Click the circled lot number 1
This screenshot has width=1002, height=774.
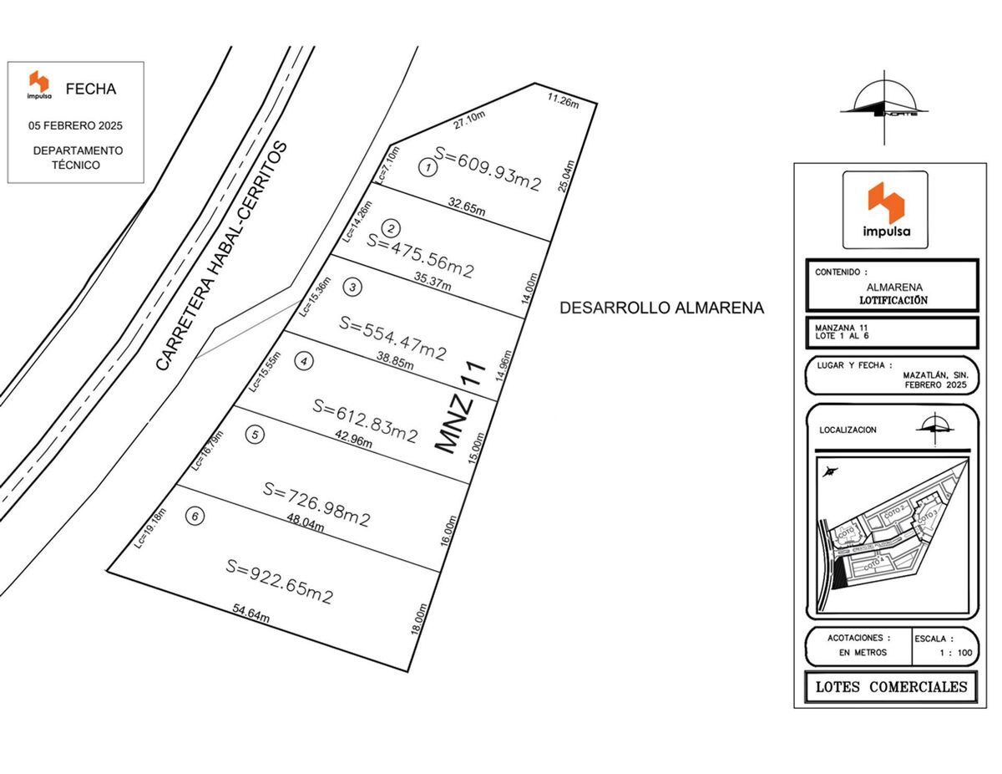click(x=428, y=169)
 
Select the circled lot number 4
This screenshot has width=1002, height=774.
click(x=305, y=361)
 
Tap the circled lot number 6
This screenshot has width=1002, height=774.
click(x=195, y=516)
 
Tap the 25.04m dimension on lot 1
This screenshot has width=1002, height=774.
click(x=570, y=177)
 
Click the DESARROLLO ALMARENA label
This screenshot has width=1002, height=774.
click(x=661, y=308)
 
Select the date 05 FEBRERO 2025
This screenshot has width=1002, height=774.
click(x=75, y=125)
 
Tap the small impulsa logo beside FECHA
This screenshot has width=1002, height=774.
click(x=38, y=86)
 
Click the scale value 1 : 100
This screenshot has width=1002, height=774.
click(x=951, y=653)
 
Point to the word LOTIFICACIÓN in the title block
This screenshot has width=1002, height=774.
click(x=893, y=300)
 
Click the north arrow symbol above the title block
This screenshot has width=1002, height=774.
click(x=883, y=107)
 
